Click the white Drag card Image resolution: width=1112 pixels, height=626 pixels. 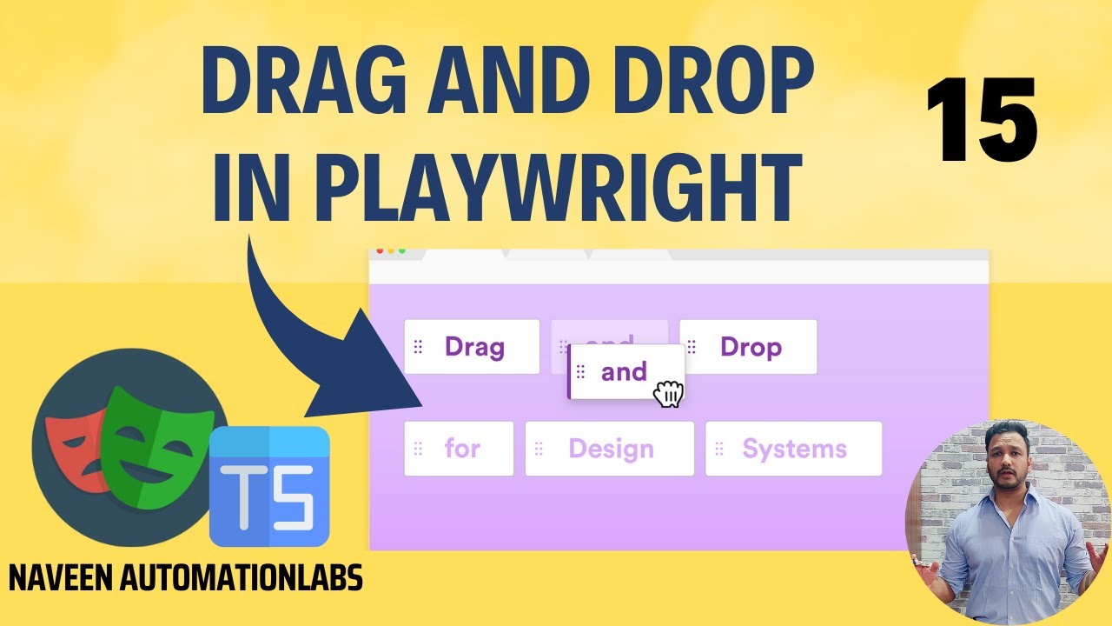tap(472, 347)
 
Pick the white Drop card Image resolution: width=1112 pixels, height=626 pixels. tap(748, 347)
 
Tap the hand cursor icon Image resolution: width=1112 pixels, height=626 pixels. tap(668, 394)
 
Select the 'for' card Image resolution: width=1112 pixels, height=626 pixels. tap(459, 449)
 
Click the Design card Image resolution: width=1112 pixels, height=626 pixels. tap(609, 449)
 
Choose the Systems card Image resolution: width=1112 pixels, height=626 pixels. tap(793, 449)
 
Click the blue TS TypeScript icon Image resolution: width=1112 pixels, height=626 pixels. tap(269, 486)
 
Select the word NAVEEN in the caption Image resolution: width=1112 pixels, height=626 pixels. tap(60, 577)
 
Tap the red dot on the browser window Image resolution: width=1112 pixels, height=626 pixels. tap(380, 251)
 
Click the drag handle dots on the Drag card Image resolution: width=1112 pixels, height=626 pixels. tap(418, 347)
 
